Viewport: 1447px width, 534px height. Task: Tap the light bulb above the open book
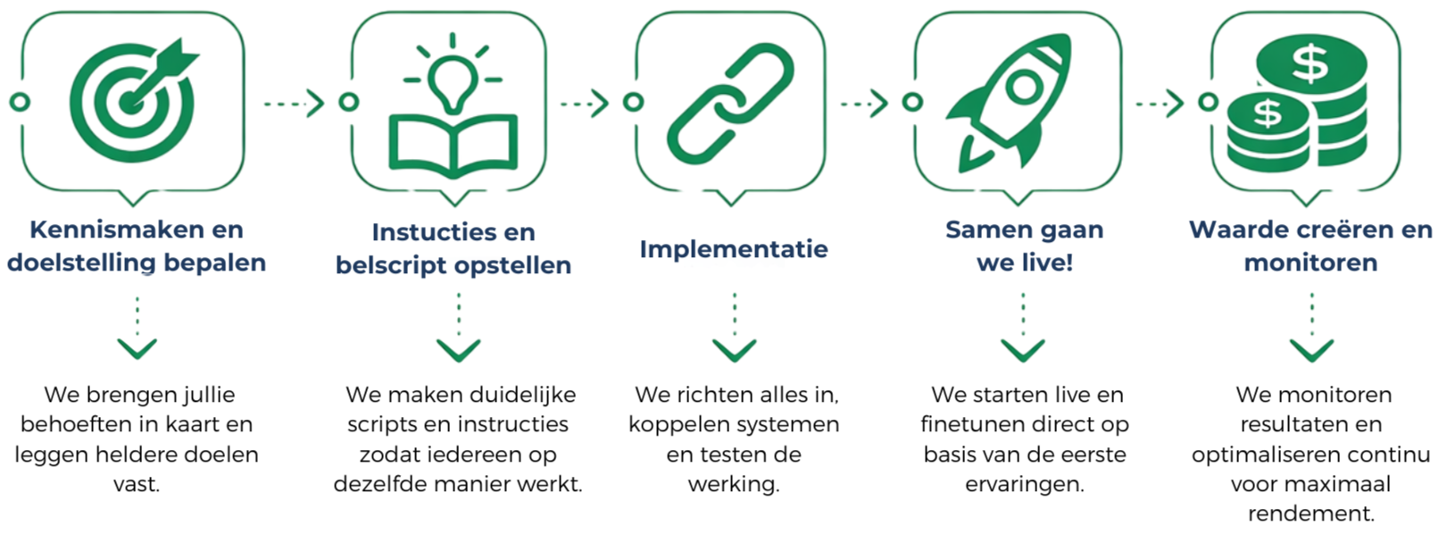[x=453, y=77]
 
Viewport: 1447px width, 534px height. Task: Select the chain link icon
[x=730, y=104]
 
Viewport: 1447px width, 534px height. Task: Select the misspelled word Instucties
[x=425, y=232]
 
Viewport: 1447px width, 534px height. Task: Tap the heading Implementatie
[x=733, y=249]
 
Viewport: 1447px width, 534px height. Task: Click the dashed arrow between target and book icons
[x=294, y=104]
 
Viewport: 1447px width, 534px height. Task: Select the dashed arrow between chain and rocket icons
[x=864, y=104]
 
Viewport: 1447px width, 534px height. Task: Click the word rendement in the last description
[x=1310, y=513]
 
